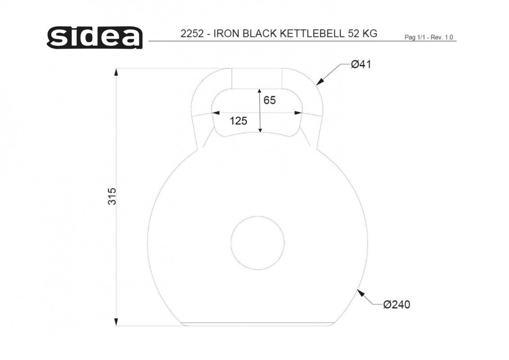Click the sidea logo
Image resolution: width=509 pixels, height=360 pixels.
tap(95, 38)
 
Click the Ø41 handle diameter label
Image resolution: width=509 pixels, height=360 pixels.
tap(361, 64)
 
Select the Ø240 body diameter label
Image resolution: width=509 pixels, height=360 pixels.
tap(396, 305)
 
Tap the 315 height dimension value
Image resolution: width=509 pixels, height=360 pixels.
tap(112, 196)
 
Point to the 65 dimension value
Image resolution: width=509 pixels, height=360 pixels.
tap(270, 100)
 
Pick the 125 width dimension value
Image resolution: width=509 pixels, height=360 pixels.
tap(238, 121)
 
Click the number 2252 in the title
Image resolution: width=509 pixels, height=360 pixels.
tap(192, 34)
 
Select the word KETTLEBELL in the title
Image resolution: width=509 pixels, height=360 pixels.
tap(311, 34)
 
